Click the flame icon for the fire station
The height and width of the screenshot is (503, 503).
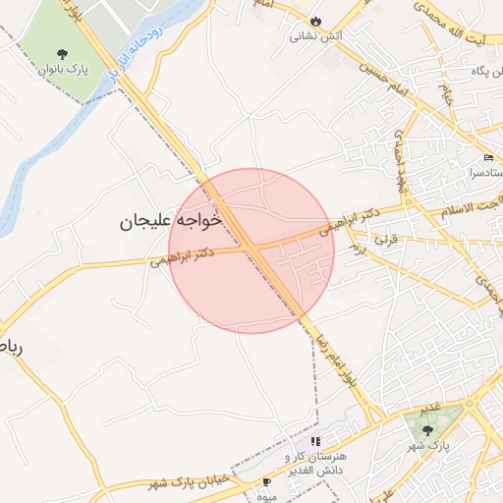(315, 22)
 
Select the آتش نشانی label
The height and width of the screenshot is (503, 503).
(315, 37)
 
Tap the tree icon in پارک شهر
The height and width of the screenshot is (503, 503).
(426, 428)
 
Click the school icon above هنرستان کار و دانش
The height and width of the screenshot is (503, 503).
(315, 442)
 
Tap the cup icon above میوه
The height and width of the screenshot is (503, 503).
(266, 481)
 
